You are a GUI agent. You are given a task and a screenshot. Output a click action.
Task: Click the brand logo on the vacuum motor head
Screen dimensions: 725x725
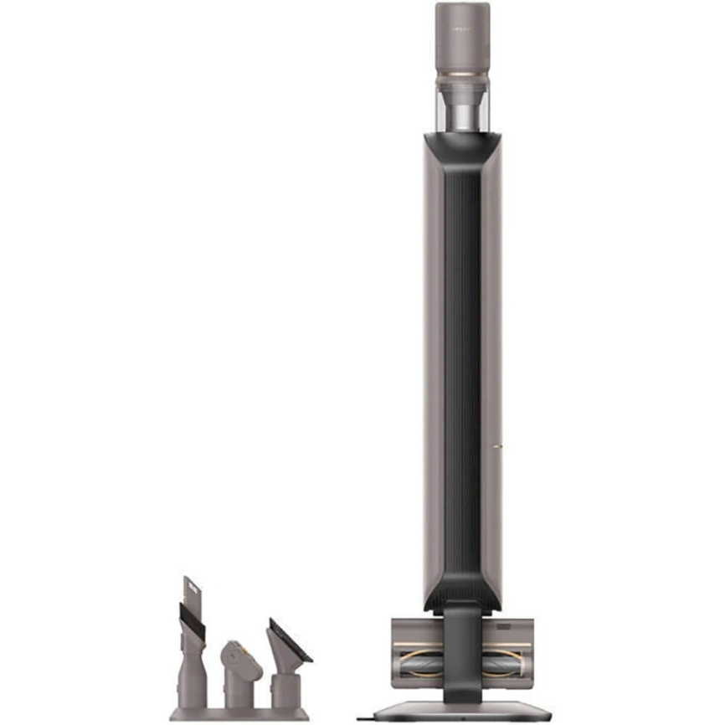click(462, 28)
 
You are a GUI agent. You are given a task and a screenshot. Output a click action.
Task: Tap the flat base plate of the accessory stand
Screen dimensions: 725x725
click(239, 714)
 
